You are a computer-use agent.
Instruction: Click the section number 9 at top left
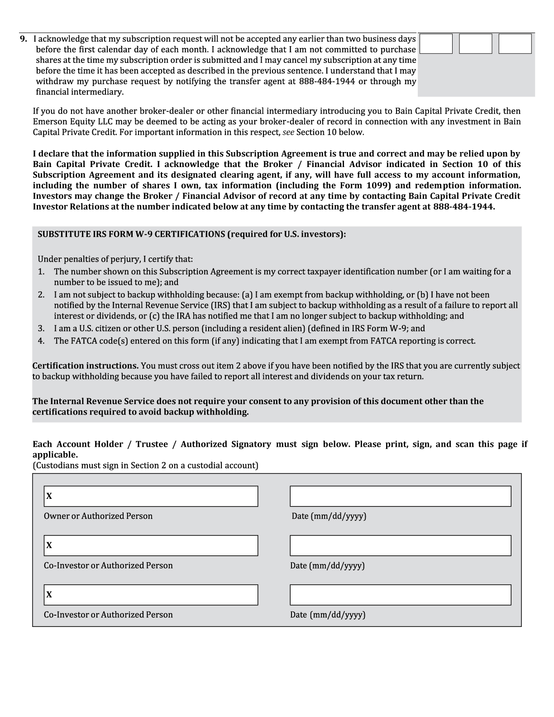[24, 39]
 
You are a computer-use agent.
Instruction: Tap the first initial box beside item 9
[436, 44]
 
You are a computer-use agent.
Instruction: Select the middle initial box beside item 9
[475, 44]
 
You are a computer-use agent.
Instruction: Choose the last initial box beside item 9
[515, 44]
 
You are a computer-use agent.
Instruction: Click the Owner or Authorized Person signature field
[154, 496]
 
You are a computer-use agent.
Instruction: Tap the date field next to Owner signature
[400, 496]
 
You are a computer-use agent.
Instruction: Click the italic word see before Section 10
[288, 132]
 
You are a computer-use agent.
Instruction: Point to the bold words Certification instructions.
[86, 366]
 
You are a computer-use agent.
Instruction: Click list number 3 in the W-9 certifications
[41, 329]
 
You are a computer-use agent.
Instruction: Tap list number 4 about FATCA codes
[41, 341]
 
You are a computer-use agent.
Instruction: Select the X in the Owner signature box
[49, 496]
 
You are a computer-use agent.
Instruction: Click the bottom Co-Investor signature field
[154, 595]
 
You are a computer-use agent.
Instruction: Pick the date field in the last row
[400, 595]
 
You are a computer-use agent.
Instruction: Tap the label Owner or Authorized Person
[98, 516]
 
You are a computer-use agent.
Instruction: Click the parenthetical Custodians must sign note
[145, 465]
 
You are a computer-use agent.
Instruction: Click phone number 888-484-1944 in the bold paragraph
[463, 206]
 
